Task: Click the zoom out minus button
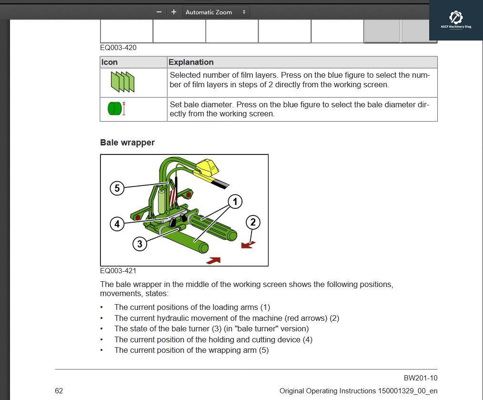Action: [159, 12]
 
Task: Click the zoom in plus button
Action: [174, 12]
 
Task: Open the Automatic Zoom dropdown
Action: [216, 12]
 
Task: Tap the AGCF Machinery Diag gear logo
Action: [456, 18]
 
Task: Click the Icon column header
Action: [110, 62]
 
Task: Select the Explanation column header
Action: [191, 62]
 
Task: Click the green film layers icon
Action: [122, 82]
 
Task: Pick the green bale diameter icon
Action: [116, 109]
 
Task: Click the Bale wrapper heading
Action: [127, 143]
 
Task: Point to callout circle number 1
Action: [234, 202]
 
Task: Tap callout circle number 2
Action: [253, 222]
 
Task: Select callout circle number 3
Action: [140, 244]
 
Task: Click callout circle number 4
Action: [117, 224]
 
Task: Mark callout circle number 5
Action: [117, 188]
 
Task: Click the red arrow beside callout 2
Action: [248, 245]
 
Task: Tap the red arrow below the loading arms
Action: [213, 260]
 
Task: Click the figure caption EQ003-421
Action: [118, 271]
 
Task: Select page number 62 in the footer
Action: [59, 391]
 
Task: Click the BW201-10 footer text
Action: [420, 378]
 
